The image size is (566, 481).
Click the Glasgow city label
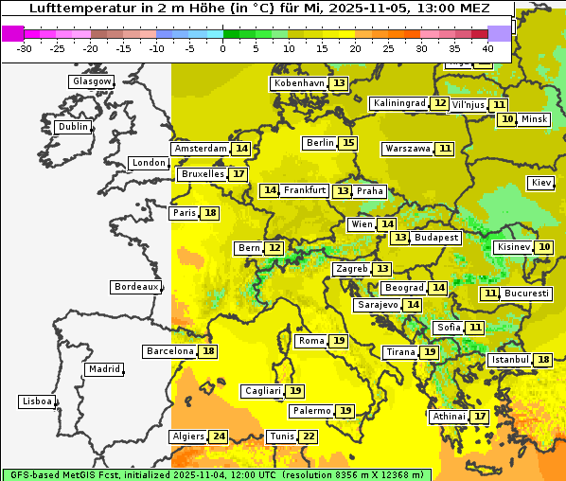(x=92, y=81)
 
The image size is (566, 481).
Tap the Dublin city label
(x=73, y=127)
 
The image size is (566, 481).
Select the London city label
(x=149, y=163)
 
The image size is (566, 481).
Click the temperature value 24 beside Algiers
(x=219, y=436)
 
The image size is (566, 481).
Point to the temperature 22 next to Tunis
(x=309, y=436)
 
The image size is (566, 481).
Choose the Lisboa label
(x=36, y=401)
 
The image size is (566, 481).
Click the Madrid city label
(x=104, y=369)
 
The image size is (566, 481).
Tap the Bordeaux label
(x=136, y=287)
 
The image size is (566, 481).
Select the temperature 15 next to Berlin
(x=349, y=143)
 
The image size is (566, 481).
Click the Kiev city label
(x=541, y=183)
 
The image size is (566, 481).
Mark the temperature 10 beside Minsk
(x=508, y=119)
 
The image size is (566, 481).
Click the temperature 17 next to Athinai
(x=481, y=417)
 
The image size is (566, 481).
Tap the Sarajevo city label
(x=377, y=305)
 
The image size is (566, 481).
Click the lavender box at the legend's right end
(x=499, y=33)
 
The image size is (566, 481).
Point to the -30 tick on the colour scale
(x=26, y=48)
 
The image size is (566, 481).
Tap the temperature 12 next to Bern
(x=274, y=248)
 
